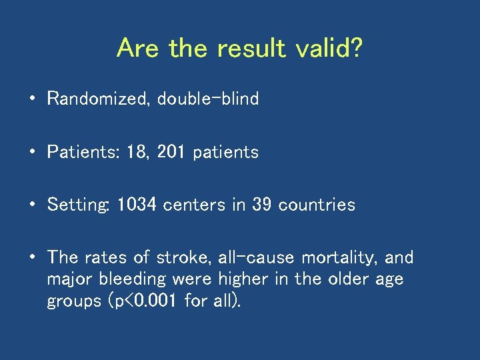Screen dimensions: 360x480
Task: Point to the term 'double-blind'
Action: tap(208, 99)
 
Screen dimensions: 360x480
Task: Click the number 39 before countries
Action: tap(262, 205)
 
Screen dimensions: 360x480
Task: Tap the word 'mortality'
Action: tap(341, 257)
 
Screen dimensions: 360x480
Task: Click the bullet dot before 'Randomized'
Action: tap(32, 100)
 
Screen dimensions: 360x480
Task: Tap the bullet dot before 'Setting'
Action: tap(32, 205)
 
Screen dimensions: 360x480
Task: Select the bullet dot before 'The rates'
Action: tap(32, 258)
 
